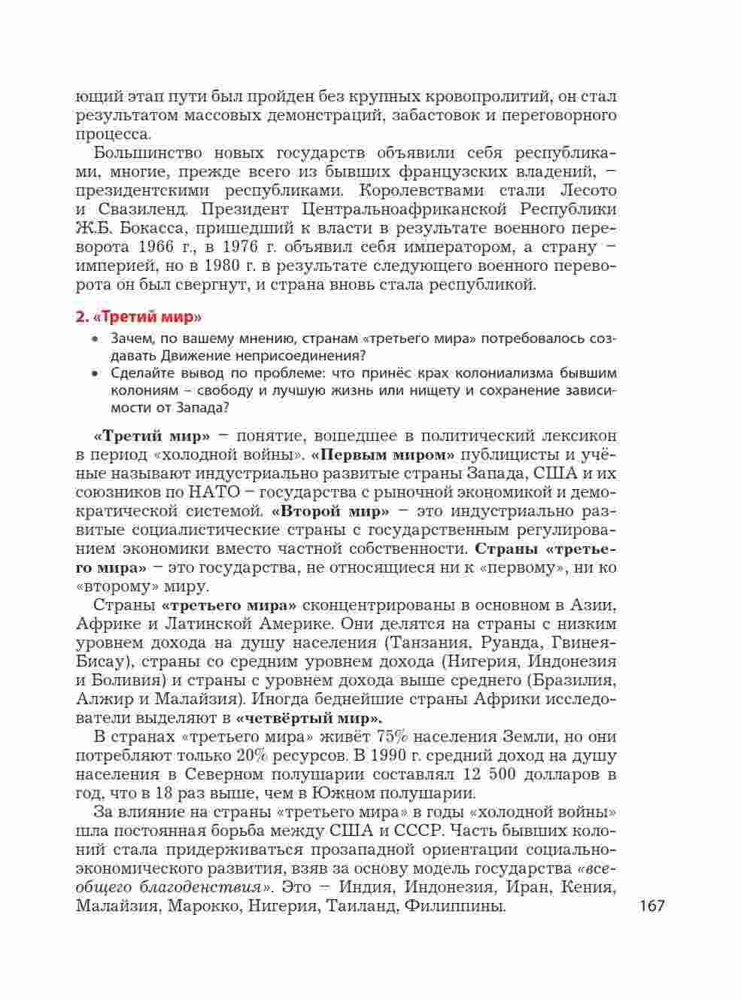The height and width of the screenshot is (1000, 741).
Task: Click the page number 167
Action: pyautogui.click(x=652, y=905)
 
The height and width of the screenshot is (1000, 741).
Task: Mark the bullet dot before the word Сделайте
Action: pyautogui.click(x=95, y=373)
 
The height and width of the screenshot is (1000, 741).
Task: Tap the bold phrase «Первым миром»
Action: pyautogui.click(x=383, y=454)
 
